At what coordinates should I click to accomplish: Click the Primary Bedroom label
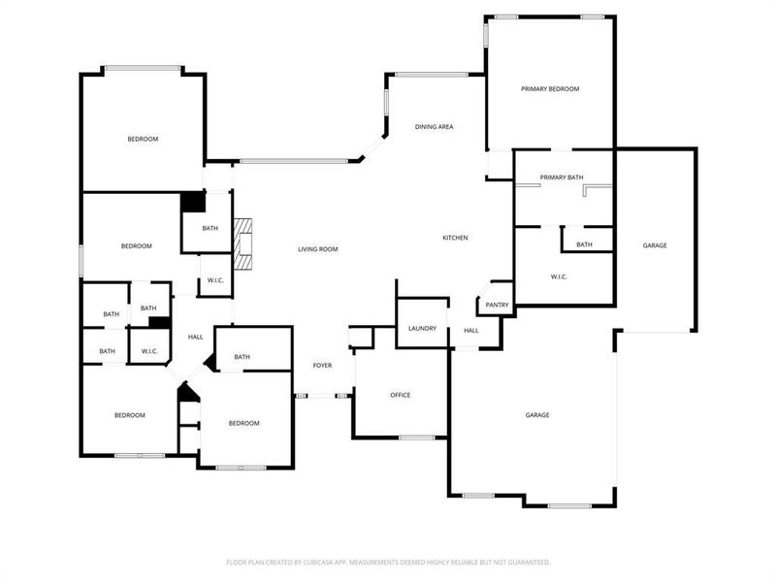(x=550, y=89)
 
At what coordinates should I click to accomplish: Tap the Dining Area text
(x=434, y=127)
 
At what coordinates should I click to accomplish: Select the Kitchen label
(x=456, y=238)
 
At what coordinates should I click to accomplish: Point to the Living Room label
(x=317, y=249)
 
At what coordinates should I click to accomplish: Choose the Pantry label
(x=497, y=305)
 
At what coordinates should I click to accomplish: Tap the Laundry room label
(x=422, y=329)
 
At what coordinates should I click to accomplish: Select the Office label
(x=400, y=395)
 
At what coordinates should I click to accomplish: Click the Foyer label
(x=322, y=366)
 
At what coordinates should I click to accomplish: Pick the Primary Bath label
(x=562, y=178)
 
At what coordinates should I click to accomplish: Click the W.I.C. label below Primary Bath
(x=559, y=277)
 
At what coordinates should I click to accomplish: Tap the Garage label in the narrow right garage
(x=655, y=245)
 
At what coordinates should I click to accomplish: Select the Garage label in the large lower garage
(x=537, y=414)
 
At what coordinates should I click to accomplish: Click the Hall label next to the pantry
(x=470, y=331)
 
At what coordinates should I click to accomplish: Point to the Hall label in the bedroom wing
(x=195, y=337)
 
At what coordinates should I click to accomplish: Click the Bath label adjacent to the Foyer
(x=242, y=357)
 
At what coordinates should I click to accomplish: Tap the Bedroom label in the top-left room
(x=143, y=139)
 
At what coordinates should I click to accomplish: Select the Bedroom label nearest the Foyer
(x=243, y=423)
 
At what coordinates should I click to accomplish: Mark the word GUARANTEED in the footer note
(x=526, y=562)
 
